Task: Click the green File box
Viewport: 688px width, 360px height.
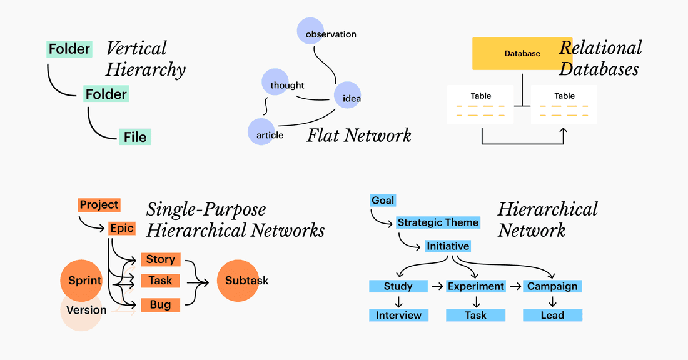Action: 135,137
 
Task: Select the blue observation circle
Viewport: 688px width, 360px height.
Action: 310,31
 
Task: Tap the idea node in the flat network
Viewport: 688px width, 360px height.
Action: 347,96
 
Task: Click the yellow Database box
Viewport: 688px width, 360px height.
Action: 522,53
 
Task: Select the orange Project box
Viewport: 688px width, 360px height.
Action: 99,204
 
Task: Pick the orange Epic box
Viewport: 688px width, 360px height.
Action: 121,228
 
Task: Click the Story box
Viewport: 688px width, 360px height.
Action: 161,259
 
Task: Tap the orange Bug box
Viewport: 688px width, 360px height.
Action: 161,305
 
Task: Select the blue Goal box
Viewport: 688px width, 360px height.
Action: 383,200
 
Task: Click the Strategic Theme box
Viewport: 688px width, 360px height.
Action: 438,222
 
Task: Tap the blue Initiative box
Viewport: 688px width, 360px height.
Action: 448,246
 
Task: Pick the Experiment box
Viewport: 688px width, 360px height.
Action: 475,286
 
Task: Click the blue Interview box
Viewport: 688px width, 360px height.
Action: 398,315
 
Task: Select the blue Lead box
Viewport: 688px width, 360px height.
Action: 552,315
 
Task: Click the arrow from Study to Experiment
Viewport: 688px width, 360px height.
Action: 437,286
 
